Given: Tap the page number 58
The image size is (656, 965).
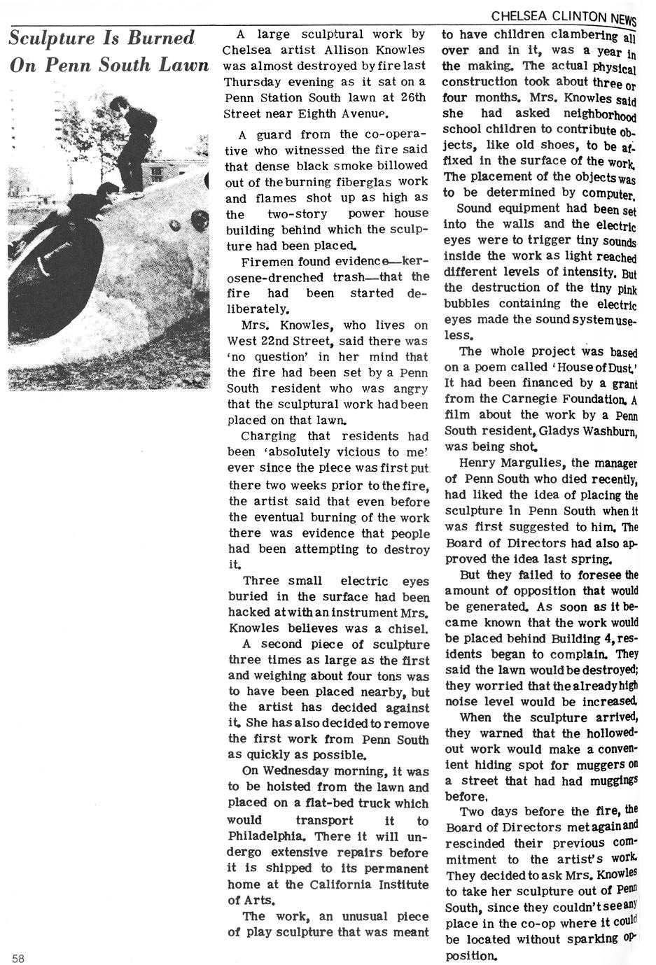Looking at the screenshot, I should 18,958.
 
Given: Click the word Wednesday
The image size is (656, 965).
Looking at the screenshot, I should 305,772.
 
